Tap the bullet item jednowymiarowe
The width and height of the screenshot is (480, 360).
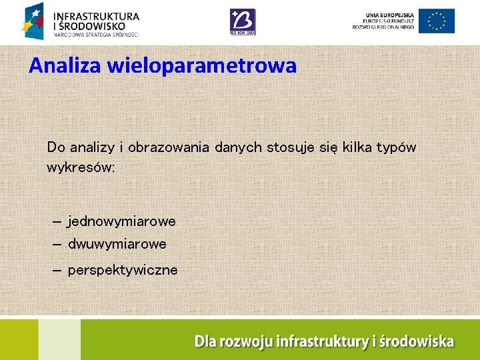coord(121,221)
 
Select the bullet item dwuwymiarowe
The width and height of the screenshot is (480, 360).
coord(117,245)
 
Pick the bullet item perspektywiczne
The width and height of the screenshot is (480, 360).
coord(123,270)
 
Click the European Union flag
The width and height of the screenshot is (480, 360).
coord(437,21)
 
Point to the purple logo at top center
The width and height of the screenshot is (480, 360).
coord(242,21)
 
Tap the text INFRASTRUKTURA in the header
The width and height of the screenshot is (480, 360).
coord(96,15)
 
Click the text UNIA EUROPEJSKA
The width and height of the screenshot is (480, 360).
coord(389,14)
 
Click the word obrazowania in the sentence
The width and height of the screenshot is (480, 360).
coord(169,147)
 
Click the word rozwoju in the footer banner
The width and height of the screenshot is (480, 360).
coord(245,342)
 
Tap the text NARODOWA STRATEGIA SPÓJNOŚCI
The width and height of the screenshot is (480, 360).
coord(96,34)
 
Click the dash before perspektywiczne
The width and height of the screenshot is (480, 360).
coord(57,270)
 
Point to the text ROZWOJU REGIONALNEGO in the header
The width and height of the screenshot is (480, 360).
coord(384,27)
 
